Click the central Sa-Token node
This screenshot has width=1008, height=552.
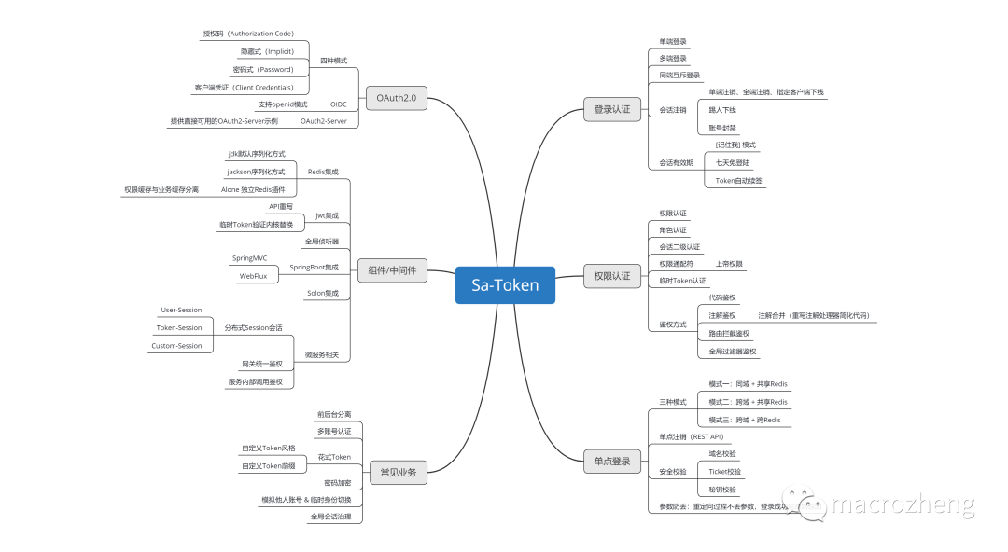coord(504,285)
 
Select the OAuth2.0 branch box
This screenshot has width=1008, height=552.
coord(397,97)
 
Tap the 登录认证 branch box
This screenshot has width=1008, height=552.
coord(611,109)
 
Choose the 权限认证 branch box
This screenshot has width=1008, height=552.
coord(611,275)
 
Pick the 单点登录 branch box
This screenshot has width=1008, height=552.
coord(611,461)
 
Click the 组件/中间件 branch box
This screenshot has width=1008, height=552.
coord(392,270)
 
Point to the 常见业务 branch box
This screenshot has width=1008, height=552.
coord(399,472)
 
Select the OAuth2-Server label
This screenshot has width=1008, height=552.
coord(323,121)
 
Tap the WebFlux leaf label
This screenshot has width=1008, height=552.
coord(254,276)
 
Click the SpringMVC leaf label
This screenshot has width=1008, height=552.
coord(249,258)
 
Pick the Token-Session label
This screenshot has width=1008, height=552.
coord(179,327)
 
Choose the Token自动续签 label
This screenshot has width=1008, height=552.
coord(739,180)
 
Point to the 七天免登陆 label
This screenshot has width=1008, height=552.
coord(733,162)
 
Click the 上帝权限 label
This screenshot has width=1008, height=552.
coord(729,264)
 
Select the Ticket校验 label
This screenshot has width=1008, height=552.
coord(725,471)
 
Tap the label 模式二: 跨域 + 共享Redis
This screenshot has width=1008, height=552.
coord(748,402)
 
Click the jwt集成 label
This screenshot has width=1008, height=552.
coord(327,215)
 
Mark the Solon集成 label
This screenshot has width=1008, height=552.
coord(323,293)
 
